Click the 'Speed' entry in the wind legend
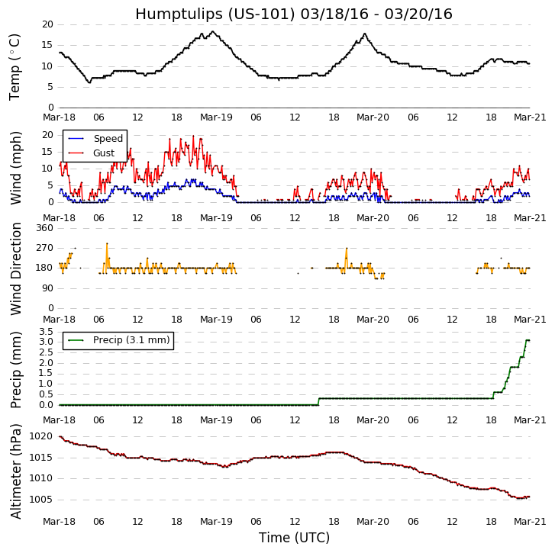click(x=108, y=139)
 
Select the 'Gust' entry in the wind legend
click(x=104, y=153)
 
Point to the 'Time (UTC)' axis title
click(x=294, y=538)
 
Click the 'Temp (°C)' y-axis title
click(x=15, y=66)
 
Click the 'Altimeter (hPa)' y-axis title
click(x=15, y=471)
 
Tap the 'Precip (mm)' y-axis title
click(x=15, y=369)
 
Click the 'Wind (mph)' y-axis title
click(x=15, y=168)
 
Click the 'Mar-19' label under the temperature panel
click(x=216, y=117)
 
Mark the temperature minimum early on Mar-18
click(x=89, y=82)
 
